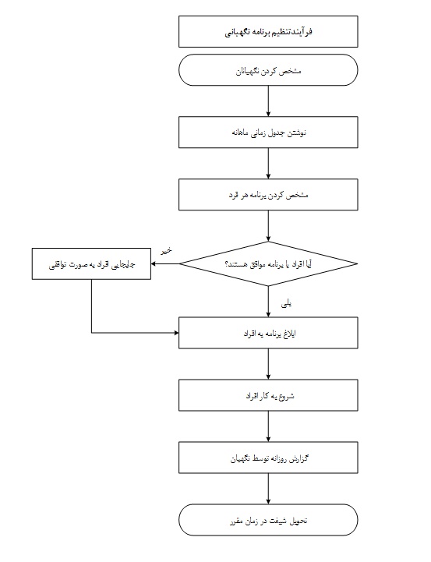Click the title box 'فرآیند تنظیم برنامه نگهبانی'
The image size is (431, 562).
point(268,31)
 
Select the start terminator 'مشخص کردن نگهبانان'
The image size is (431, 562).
point(268,70)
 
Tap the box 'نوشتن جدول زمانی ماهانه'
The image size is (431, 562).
point(268,133)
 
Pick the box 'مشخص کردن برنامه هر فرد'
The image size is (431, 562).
point(268,195)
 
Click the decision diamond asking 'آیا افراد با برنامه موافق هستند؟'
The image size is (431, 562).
point(268,263)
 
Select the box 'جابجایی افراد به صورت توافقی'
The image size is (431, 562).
point(91,263)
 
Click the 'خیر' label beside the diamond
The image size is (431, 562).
point(166,250)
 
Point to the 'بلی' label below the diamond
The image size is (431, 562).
point(286,304)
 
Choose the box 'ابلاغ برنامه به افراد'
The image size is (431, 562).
point(268,333)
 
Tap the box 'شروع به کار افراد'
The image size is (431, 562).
point(268,395)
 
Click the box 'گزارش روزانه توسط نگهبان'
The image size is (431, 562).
point(268,458)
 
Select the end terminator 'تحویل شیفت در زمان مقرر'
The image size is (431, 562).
point(268,520)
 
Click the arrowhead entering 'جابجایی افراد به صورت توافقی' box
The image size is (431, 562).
point(154,263)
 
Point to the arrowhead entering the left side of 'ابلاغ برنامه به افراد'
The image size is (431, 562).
point(176,333)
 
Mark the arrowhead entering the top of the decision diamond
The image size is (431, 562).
point(268,239)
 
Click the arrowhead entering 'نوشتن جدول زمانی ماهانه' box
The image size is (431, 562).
point(268,114)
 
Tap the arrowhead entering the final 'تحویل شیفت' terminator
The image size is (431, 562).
point(268,502)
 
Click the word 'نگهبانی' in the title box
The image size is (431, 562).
point(235,32)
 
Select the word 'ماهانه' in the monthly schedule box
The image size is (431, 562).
point(240,133)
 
